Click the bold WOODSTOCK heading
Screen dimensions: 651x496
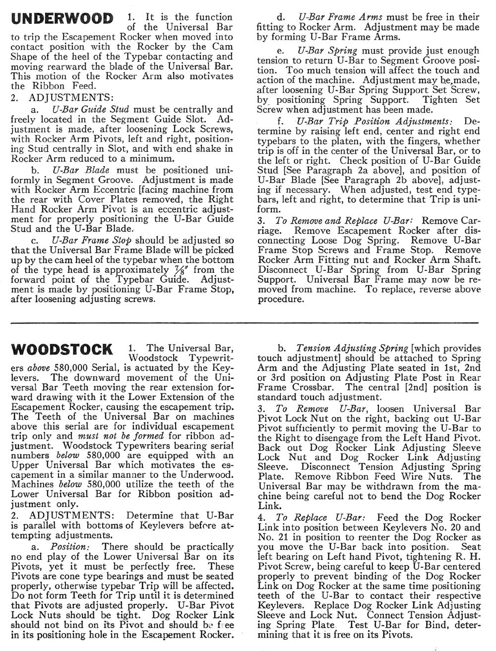point(62,349)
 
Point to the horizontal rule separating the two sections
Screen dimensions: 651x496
point(248,323)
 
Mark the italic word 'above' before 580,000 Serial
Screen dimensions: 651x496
point(39,368)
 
